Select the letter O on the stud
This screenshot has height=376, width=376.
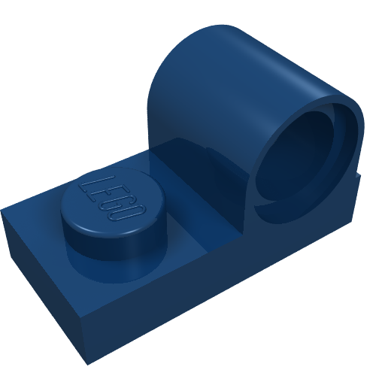click(131, 214)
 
